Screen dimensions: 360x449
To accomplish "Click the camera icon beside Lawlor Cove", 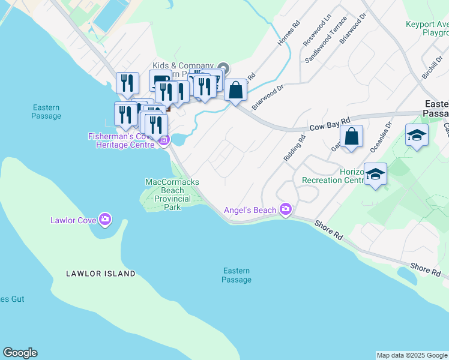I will [x=105, y=220].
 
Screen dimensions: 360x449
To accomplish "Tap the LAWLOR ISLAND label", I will [x=101, y=274].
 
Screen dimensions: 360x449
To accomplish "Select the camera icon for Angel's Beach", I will [x=286, y=209].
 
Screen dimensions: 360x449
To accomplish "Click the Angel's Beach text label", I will [x=250, y=210].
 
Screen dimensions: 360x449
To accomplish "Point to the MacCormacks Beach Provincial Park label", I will [x=172, y=194].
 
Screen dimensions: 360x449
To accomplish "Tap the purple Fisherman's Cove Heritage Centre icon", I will [x=163, y=140].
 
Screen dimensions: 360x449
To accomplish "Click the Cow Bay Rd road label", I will [x=330, y=124].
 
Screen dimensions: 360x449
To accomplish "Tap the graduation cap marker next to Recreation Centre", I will [x=376, y=174].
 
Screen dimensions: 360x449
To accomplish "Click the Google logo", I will [x=20, y=353].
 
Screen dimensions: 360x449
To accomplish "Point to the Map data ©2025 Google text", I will [x=412, y=355].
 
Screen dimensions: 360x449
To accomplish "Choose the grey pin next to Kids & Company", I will [x=223, y=67].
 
